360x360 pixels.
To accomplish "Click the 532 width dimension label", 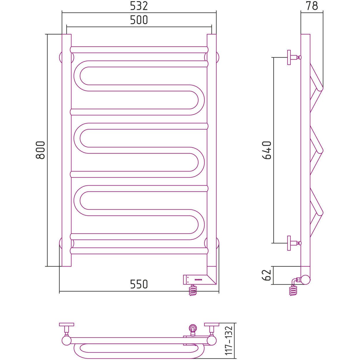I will pos(139,6).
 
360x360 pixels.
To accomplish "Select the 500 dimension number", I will pos(139,20).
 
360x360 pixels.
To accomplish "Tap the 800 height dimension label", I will pos(41,150).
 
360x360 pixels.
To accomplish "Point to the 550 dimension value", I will pos(139,284).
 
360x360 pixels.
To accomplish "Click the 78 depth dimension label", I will pos(312,6).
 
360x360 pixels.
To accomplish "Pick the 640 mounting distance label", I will pos(267,150).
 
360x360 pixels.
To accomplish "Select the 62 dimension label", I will pos(267,275).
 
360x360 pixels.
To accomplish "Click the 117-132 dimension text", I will pos(228,341).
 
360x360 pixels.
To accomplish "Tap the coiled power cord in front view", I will pos(193,290).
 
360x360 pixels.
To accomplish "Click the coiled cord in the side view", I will pos(293,290).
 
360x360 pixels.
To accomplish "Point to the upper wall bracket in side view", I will pos(293,57).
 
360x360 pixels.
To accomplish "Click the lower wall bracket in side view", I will pos(293,243).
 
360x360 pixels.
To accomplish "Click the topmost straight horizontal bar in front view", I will pos(139,50).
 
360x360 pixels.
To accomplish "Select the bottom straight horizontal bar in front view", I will pos(139,251).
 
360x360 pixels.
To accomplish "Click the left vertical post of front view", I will pos(67,150).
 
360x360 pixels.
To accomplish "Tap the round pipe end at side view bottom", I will pos(305,280).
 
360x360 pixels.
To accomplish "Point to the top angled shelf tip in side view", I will pos(320,88).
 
